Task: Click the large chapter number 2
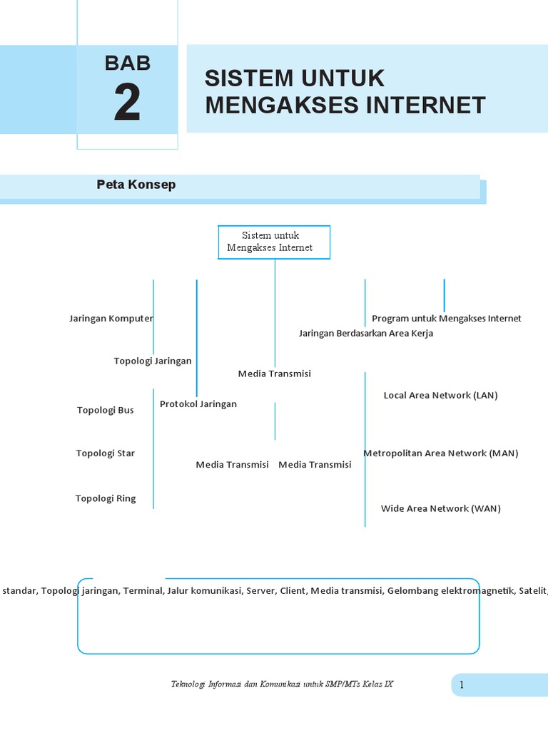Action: point(127,104)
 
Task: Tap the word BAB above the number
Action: point(128,63)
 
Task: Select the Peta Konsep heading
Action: point(136,185)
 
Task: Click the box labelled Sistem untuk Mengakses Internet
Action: point(274,242)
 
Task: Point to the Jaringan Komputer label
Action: point(111,318)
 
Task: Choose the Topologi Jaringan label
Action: point(153,361)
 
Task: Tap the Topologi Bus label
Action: point(105,410)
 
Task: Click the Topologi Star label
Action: point(105,453)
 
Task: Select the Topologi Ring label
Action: point(105,498)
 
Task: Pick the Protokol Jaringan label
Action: point(198,403)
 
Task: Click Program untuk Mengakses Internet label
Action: point(447,318)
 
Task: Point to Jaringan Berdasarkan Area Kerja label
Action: point(365,333)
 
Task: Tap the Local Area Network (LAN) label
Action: point(440,395)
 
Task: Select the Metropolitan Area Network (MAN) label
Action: point(440,453)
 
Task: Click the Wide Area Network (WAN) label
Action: point(440,508)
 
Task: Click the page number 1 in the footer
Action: point(462,685)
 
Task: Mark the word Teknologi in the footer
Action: point(187,684)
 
